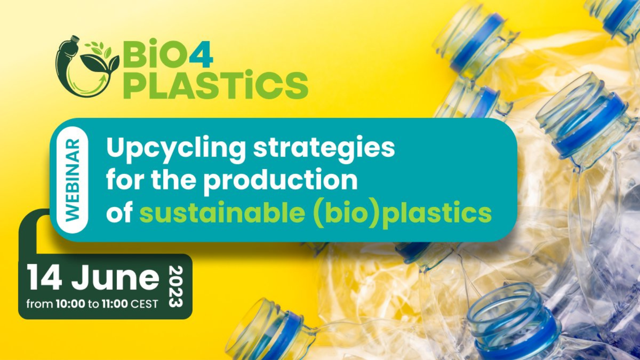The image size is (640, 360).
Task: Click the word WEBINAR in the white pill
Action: click(72, 180)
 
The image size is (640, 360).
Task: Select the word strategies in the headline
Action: click(324, 148)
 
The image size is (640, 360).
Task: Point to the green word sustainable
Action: click(222, 213)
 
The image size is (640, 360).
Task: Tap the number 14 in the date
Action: click(44, 278)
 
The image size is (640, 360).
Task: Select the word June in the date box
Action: click(115, 278)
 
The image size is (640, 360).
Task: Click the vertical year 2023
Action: click(176, 286)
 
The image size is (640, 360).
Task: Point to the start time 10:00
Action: click(70, 304)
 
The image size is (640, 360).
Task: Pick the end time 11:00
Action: click(115, 304)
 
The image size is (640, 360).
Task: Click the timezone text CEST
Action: click(144, 304)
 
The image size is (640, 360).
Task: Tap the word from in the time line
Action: click(40, 304)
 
